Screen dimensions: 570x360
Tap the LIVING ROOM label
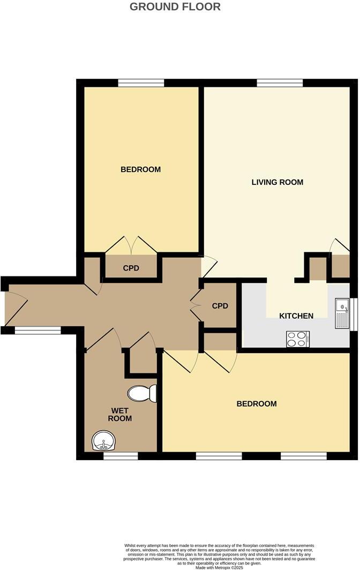coord(277,182)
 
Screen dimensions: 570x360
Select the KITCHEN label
coord(296,316)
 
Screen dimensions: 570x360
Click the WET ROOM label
coord(120,415)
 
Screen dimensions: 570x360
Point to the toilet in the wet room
coord(142,394)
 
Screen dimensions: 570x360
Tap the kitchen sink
coord(341,313)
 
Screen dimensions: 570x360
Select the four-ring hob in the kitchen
coord(298,339)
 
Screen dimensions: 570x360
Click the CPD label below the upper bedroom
coord(131,268)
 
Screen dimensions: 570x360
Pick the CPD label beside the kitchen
coord(220,306)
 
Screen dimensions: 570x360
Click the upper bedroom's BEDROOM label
coord(140,170)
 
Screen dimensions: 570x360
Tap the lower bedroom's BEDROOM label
coord(257,404)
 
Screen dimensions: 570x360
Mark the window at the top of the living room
coord(280,82)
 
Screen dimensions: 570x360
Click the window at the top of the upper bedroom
coord(141,82)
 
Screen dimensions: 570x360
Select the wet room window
coord(120,456)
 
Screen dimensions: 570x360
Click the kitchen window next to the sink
coord(353,313)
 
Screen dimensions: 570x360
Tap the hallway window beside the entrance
coord(38,331)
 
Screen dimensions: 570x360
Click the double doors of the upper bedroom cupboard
coord(131,245)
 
